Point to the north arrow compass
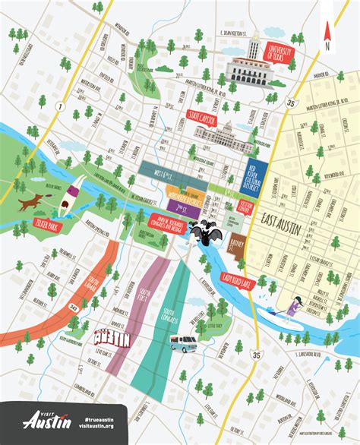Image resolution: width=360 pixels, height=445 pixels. pyautogui.click(x=327, y=33)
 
